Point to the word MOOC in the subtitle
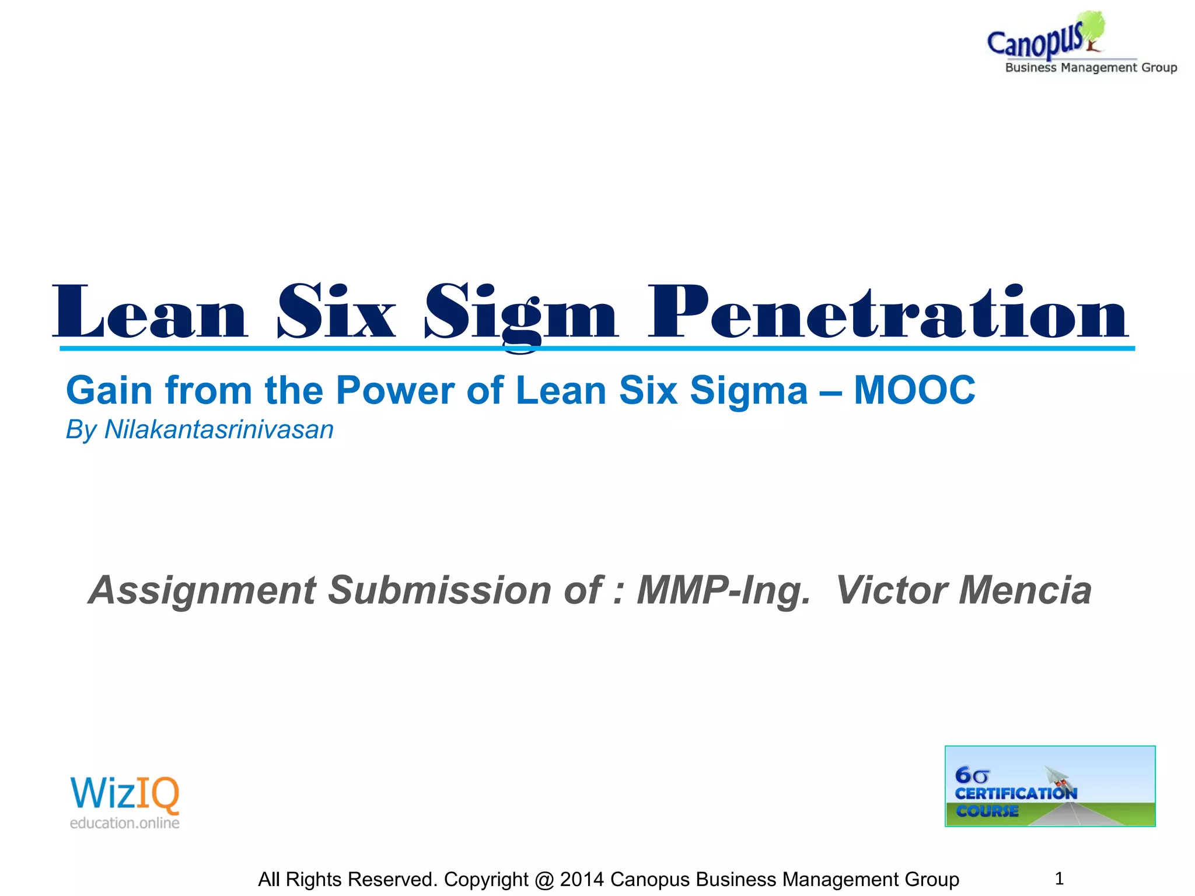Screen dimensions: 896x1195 tap(914, 390)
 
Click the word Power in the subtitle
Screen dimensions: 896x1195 tap(395, 390)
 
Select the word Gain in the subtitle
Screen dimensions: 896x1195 tap(109, 390)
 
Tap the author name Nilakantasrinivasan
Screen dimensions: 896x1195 tap(219, 430)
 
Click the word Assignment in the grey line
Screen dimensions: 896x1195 tap(202, 590)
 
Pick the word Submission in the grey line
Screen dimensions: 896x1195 tap(439, 590)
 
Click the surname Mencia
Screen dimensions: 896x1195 tap(1025, 590)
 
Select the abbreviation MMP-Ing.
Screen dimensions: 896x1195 tap(724, 590)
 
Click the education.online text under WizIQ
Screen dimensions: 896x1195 tap(124, 823)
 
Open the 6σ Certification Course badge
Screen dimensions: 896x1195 tap(1050, 786)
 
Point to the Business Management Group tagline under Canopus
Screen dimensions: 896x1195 tap(1091, 68)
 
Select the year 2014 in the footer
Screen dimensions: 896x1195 tap(582, 879)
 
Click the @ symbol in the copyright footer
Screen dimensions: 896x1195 tap(543, 879)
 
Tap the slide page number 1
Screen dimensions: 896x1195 tap(1059, 878)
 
